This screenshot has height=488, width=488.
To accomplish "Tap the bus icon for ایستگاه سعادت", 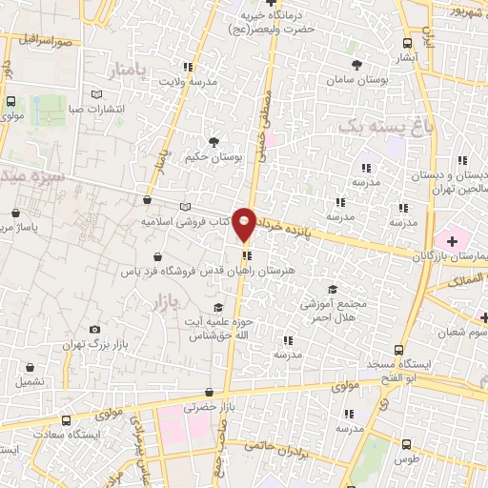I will pyautogui.click(x=65, y=420).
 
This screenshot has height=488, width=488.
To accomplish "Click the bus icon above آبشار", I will pyautogui.click(x=409, y=43).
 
